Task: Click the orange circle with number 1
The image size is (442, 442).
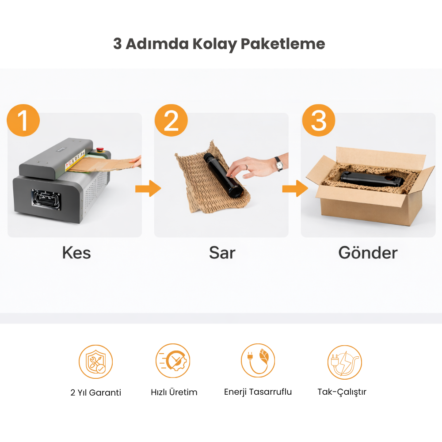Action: pos(23,120)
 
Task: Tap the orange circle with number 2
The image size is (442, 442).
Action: pos(171,120)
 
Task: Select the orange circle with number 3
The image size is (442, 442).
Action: pos(319,120)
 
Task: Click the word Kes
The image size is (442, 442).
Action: pos(76,252)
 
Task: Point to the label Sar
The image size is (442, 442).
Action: pos(222,252)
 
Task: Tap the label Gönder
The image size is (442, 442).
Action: pos(368,252)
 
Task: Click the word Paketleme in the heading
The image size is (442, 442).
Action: pos(283,44)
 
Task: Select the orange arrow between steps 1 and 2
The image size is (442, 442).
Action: pos(148,188)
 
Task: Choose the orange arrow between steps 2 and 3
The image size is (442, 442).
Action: pos(295,188)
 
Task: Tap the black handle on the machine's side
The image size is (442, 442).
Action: pos(46,199)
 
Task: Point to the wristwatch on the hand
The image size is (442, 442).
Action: pos(279,164)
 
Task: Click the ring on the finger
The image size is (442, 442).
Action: pos(246,167)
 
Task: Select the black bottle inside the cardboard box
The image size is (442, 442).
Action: pos(372,179)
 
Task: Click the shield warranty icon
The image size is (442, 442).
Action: pos(95,362)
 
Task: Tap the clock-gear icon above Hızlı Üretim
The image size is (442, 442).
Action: pos(173,361)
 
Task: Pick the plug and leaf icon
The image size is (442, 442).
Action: pos(258,361)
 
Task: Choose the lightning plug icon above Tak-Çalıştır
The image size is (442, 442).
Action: pos(344,362)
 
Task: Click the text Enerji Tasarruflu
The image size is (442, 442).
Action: pos(258,392)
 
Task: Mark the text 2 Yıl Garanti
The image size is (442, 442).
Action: pos(96,392)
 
